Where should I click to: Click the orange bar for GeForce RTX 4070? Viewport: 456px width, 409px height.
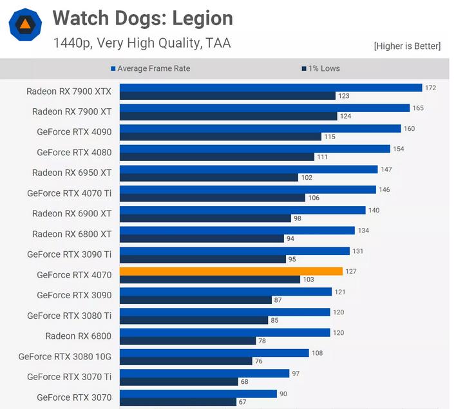(231, 271)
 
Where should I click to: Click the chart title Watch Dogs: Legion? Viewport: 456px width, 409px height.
(142, 17)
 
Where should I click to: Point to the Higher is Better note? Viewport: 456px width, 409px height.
(407, 46)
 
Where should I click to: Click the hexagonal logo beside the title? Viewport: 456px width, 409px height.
(25, 25)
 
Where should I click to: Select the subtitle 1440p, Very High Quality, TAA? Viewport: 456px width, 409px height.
(142, 43)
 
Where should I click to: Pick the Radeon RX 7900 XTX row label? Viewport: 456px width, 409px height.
(69, 91)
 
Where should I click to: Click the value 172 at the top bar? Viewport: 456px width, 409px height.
(430, 88)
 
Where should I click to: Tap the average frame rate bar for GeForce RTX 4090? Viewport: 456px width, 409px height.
(260, 128)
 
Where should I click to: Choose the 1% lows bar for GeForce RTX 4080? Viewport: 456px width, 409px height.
(216, 157)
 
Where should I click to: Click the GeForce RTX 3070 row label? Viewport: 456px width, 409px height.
(74, 397)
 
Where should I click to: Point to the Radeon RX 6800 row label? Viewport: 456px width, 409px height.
(78, 336)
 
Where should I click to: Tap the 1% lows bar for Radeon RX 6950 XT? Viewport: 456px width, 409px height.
(209, 178)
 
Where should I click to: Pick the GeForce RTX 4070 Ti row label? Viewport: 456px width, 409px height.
(69, 193)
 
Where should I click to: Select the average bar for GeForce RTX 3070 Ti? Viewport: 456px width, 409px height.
(204, 373)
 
